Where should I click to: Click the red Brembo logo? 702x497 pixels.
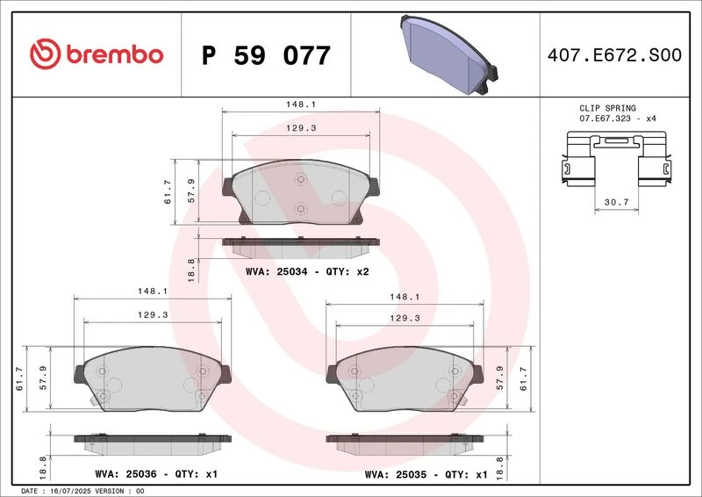(97, 54)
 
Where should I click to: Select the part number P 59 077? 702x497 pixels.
(266, 55)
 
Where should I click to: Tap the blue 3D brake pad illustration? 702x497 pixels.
(449, 54)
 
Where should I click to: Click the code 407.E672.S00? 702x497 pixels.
(614, 54)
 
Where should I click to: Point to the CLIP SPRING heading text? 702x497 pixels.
(607, 108)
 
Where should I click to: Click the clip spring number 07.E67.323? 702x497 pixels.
(605, 119)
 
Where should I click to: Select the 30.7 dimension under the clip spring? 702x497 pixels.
(617, 202)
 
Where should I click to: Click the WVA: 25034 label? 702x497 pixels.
(276, 271)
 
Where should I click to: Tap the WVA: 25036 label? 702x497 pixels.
(125, 473)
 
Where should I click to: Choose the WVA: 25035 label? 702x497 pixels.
(396, 474)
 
